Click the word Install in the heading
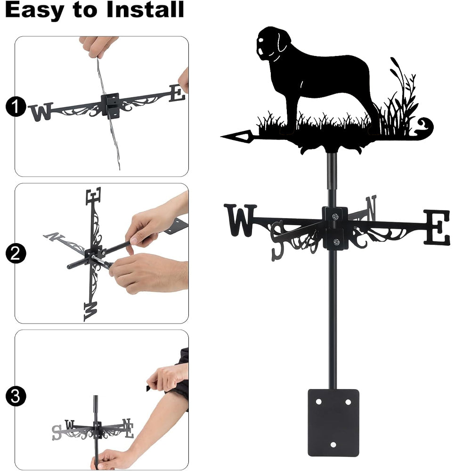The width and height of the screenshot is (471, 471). (145, 9)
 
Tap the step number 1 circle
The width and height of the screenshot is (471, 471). (16, 106)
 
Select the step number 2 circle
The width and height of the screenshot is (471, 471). (16, 253)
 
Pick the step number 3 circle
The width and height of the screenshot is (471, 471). (16, 396)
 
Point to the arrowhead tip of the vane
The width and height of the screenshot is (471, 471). (221, 137)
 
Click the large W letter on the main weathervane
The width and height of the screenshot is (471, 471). (240, 220)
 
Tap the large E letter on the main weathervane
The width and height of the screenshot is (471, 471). (437, 227)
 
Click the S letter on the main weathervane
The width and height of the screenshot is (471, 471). (277, 240)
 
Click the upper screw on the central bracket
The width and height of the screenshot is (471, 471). (335, 216)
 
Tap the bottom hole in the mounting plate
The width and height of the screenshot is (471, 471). (333, 445)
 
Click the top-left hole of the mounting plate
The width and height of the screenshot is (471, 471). (318, 402)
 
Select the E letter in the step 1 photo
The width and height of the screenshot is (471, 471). (177, 93)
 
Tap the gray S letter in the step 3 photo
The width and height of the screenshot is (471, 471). (57, 432)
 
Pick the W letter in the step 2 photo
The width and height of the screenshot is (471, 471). (90, 311)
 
